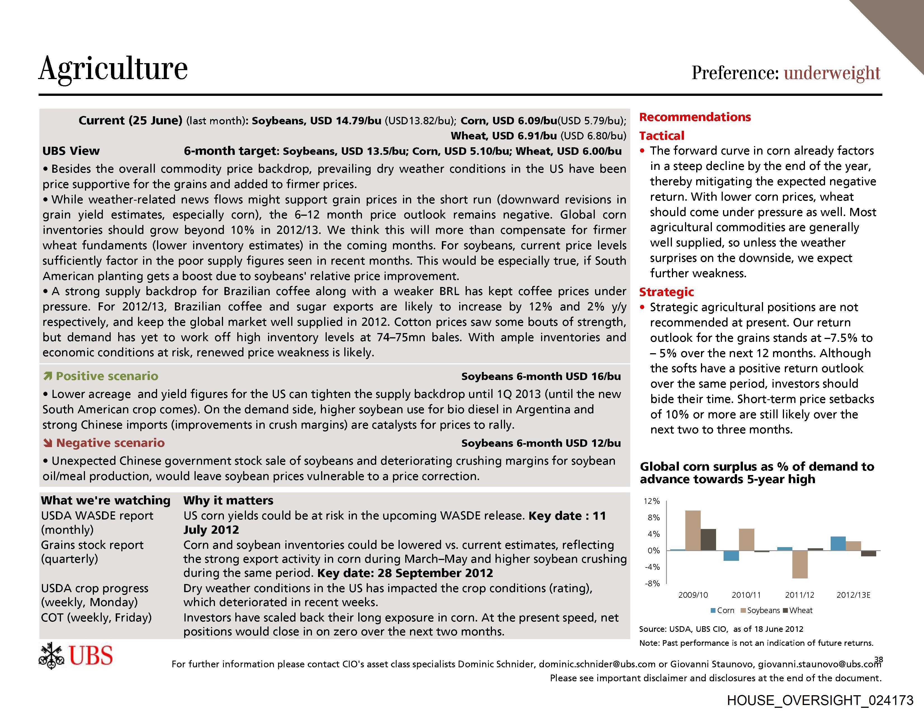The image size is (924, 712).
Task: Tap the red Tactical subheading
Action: pos(661,136)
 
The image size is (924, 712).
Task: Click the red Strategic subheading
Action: pos(666,292)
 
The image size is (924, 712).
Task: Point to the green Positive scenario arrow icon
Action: pos(48,376)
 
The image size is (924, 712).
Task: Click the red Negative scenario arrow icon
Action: pos(48,443)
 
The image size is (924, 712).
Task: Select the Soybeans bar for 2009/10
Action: pos(693,531)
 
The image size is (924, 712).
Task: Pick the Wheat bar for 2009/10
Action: pos(708,540)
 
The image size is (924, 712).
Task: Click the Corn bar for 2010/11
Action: pos(731,556)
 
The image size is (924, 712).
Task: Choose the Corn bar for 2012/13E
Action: pos(838,544)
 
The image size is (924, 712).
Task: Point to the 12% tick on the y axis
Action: pos(651,501)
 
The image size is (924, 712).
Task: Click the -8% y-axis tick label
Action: pos(652,583)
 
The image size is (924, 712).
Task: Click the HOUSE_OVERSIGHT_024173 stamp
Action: pos(820,700)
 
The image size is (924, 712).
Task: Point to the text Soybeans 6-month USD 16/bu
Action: pos(541,376)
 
